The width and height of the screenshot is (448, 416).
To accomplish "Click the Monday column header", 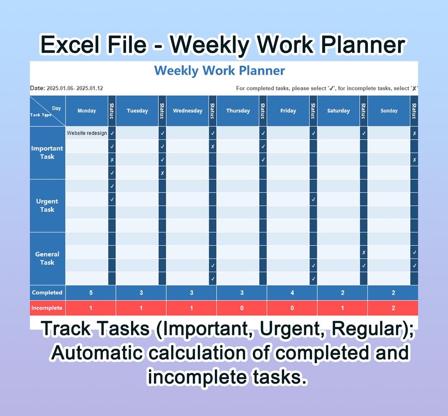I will pyautogui.click(x=87, y=111).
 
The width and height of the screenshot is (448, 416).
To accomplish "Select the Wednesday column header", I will pyautogui.click(x=187, y=111).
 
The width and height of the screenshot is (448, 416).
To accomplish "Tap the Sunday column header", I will pyautogui.click(x=389, y=111).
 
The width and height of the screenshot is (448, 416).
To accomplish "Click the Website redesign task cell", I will pyautogui.click(x=87, y=133).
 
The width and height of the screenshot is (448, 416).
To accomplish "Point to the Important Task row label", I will pyautogui.click(x=47, y=153).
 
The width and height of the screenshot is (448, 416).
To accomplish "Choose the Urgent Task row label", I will pyautogui.click(x=47, y=205).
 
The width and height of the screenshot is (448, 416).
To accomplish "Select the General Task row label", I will pyautogui.click(x=47, y=258).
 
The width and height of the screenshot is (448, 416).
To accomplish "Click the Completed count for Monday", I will pyautogui.click(x=91, y=293).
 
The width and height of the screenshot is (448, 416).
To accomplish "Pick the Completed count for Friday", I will pyautogui.click(x=292, y=293).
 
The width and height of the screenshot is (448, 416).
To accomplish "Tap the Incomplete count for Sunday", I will pyautogui.click(x=393, y=308).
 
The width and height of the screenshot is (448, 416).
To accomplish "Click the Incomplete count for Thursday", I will pyautogui.click(x=242, y=308).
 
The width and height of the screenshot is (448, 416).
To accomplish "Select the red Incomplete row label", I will pyautogui.click(x=47, y=308).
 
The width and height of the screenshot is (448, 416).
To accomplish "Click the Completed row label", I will pyautogui.click(x=47, y=293).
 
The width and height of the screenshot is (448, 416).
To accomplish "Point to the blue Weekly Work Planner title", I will pyautogui.click(x=219, y=71).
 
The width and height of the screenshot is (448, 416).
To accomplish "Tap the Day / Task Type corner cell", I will pyautogui.click(x=47, y=111).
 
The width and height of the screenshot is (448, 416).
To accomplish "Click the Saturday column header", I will pyautogui.click(x=338, y=111).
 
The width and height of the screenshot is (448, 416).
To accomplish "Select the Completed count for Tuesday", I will pyautogui.click(x=141, y=293).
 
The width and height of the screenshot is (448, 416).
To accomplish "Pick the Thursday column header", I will pyautogui.click(x=238, y=111).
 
